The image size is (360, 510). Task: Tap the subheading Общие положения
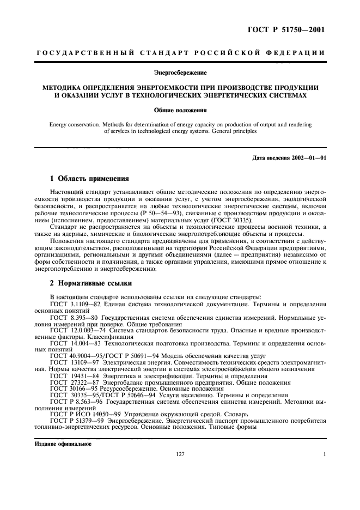pos(180,110)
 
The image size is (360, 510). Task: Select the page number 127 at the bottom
pos(180,453)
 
